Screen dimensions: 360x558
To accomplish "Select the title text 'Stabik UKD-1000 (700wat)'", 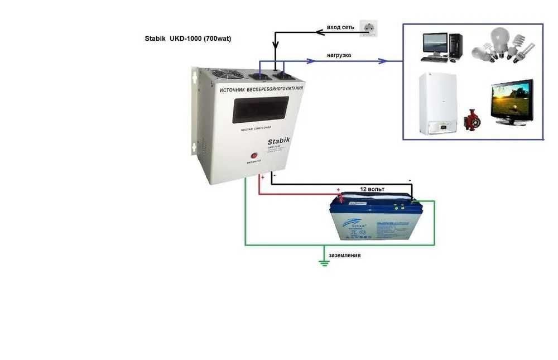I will click(187, 40).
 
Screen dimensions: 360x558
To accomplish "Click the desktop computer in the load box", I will click(441, 47).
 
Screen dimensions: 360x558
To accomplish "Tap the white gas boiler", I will click(437, 104).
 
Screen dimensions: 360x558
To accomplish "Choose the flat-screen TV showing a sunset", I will click(511, 103).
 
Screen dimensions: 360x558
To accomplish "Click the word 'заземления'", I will click(345, 255).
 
